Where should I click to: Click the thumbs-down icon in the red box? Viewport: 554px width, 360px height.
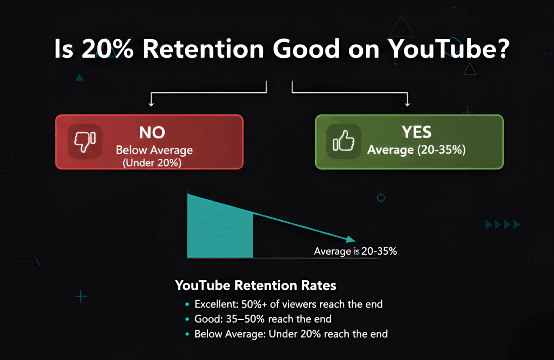tap(84, 141)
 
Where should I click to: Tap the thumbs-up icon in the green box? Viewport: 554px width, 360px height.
tap(344, 141)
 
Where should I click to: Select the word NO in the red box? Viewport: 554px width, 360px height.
tap(152, 133)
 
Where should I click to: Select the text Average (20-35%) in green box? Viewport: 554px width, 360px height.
tap(416, 150)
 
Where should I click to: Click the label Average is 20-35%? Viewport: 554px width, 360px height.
tap(355, 251)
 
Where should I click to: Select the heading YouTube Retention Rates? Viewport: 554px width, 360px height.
tap(255, 286)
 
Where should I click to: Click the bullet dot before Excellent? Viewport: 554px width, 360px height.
tap(187, 304)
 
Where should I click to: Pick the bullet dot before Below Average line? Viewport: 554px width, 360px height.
tap(187, 334)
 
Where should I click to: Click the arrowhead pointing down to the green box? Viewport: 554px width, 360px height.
tap(407, 103)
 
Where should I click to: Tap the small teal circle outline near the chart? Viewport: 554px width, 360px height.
tap(381, 198)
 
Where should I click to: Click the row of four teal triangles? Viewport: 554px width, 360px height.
tap(502, 224)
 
